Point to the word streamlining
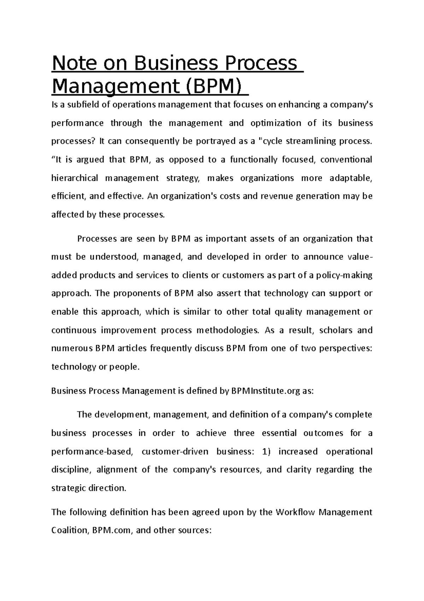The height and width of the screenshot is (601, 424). [311, 142]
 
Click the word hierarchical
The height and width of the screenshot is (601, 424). [75, 178]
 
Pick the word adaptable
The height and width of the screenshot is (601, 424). [351, 178]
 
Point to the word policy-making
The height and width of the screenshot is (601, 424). [344, 275]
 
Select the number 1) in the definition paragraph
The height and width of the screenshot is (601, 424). [267, 452]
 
